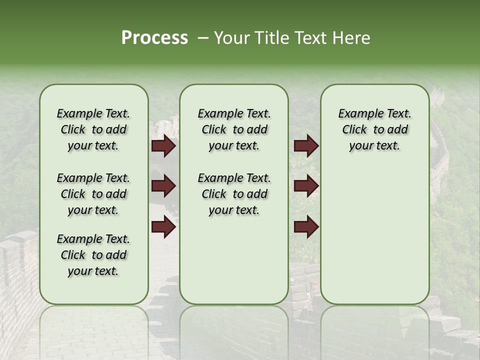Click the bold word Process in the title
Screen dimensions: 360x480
click(x=154, y=38)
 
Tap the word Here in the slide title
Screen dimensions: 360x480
click(x=352, y=38)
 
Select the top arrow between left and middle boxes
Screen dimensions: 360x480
click(x=163, y=145)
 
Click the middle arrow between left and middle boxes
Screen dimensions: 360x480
click(x=163, y=186)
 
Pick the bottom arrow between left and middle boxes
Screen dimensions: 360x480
click(x=163, y=227)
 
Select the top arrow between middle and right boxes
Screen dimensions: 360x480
click(x=306, y=145)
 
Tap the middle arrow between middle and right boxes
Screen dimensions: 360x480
click(x=306, y=186)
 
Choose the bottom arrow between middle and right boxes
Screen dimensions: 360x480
click(x=306, y=227)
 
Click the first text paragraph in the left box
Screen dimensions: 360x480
click(x=93, y=129)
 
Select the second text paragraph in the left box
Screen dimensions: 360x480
click(x=93, y=194)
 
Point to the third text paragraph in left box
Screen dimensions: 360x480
click(x=93, y=255)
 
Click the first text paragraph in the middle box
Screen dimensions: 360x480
click(x=234, y=129)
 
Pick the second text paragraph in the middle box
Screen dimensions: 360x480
click(x=234, y=194)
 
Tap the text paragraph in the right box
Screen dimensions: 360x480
click(x=374, y=129)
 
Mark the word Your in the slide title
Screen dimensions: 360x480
click(x=232, y=38)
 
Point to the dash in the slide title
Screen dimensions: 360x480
click(x=203, y=38)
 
